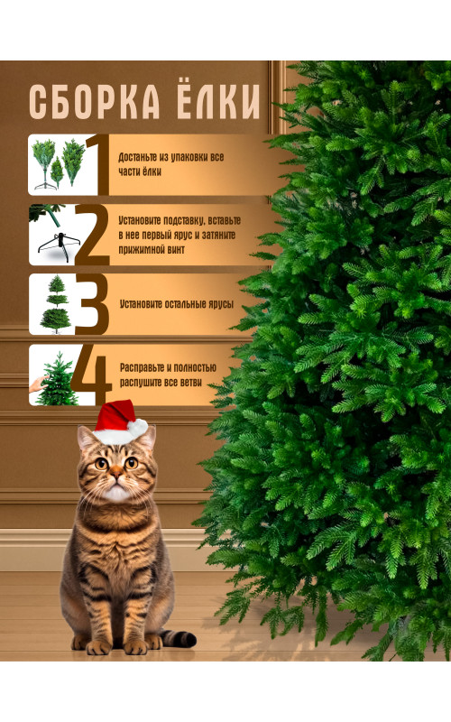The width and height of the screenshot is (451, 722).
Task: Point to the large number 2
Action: pos(92,235)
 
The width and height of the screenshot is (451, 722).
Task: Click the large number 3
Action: pos(92,304)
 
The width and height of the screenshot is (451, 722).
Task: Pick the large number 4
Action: pos(91,375)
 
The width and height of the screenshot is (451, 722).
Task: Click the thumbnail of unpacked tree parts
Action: pos(59,164)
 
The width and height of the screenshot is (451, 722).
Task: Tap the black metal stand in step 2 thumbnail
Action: pos(59,247)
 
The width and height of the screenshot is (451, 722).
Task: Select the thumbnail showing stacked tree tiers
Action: pos(56,304)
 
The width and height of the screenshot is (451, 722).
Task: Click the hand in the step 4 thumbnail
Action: pos(38,383)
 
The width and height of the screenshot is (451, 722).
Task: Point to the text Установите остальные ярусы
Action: pos(177,304)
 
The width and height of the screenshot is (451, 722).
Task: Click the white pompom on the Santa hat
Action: pos(137,428)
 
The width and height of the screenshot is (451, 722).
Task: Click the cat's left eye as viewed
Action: pos(101,463)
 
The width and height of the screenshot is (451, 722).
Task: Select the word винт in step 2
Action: pos(175,250)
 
